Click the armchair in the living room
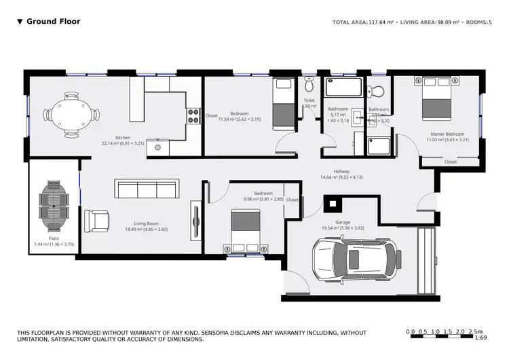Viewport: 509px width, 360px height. (x=96, y=219)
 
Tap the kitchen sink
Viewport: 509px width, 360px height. (x=158, y=145)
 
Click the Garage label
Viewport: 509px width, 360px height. (x=343, y=222)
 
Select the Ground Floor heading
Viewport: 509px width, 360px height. (x=53, y=22)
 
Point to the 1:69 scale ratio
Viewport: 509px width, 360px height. (x=480, y=338)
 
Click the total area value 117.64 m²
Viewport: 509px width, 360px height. (x=381, y=22)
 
